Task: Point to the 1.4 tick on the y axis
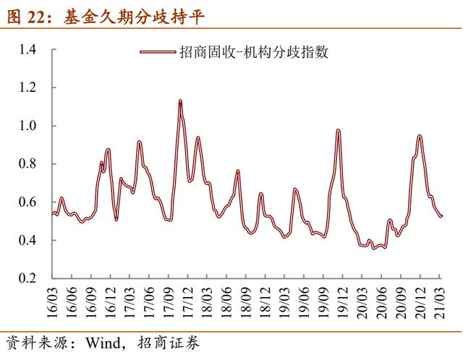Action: (27, 49)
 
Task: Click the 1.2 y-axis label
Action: (27, 87)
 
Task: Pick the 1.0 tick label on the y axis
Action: (27, 126)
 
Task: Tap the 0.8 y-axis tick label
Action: (27, 164)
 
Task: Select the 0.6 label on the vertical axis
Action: (27, 202)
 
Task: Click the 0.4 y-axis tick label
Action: (27, 240)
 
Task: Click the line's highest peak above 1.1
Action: (180, 100)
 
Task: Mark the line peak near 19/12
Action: (338, 130)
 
